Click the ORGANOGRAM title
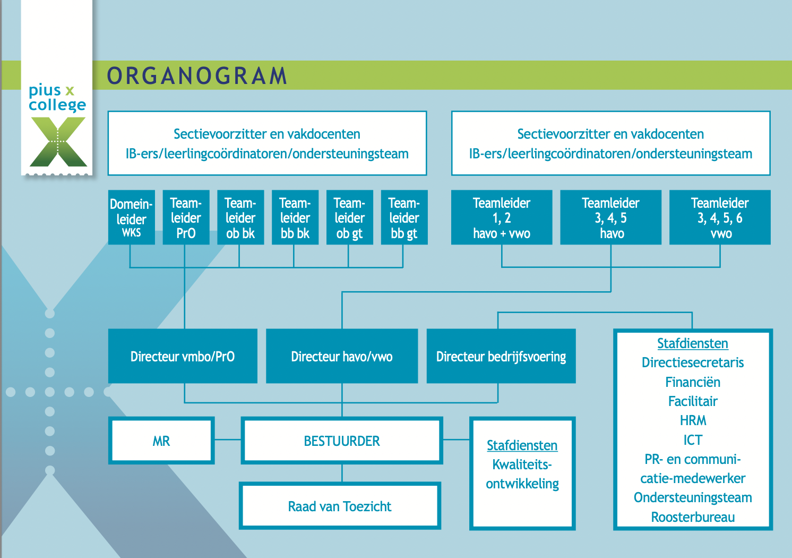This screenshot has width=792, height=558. pos(197,75)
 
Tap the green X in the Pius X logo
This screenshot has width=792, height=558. pos(58,142)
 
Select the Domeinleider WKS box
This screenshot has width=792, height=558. pos(132,217)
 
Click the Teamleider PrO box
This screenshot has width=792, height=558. pos(186,217)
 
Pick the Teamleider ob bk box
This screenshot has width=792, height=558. pos(240,217)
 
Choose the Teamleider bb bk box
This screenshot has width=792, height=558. pos(295,217)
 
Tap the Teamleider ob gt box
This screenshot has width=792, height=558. pos(350,217)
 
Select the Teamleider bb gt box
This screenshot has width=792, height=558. pos(404,217)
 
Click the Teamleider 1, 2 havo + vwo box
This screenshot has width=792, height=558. pos(502,217)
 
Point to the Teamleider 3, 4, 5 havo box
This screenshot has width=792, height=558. pos(611,217)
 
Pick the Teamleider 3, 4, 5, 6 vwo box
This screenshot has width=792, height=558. pos(720,217)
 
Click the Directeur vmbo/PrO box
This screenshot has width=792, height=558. pos(183,356)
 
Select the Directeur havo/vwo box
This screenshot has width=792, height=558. pos(342,356)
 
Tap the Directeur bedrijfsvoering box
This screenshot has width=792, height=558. pos(501,356)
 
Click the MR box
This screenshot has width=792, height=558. pos(161,441)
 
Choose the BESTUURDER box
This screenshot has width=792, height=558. pos(342,441)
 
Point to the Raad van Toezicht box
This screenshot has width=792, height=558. pos(340,506)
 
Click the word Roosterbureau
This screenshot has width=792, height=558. pos(693,517)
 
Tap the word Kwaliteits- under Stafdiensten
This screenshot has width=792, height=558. pos(522,464)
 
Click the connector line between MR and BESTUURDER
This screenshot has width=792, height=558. pos(228,439)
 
